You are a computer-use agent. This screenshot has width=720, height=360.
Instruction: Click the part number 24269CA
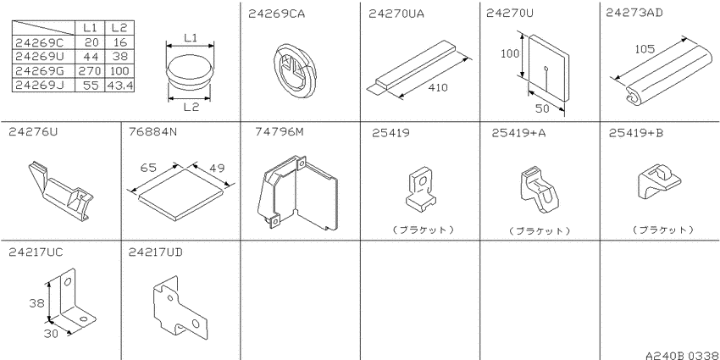coord(276,14)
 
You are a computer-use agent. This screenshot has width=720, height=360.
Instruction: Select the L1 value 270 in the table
coord(90,71)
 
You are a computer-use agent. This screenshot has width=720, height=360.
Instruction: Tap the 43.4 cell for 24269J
coord(119,86)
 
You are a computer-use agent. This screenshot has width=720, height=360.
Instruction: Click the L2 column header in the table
coord(119,28)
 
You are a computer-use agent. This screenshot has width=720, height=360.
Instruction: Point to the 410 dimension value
coord(438,87)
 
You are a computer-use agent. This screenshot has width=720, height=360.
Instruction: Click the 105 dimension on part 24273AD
coord(645,49)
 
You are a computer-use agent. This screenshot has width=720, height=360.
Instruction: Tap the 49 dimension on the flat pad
coord(217,168)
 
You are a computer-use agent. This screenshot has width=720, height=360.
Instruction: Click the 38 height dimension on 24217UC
coord(36,303)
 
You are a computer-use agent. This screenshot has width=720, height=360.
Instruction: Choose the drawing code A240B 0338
coord(682,356)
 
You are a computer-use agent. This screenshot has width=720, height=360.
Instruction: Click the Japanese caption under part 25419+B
coord(662,230)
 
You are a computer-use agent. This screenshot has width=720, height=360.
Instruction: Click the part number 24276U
coord(33,132)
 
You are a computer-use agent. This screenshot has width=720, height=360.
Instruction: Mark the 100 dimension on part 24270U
coord(510,53)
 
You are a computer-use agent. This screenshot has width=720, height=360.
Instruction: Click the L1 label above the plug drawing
coord(191,38)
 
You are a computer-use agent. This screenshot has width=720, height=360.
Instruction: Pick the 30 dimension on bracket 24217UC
coord(51,334)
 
